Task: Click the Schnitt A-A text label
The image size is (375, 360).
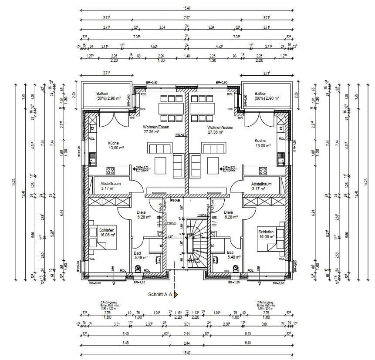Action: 160,294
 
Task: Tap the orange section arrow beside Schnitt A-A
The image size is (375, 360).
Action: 176,295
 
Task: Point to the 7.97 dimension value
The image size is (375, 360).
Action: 187,18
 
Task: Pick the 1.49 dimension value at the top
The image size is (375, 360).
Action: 187,56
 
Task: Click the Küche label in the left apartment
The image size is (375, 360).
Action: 113,143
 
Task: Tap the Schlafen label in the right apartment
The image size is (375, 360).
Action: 266,232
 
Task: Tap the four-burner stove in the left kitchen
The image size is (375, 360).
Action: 111,171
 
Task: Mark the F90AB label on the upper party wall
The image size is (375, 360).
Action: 180,135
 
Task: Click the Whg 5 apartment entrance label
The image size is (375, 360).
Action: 161,207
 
